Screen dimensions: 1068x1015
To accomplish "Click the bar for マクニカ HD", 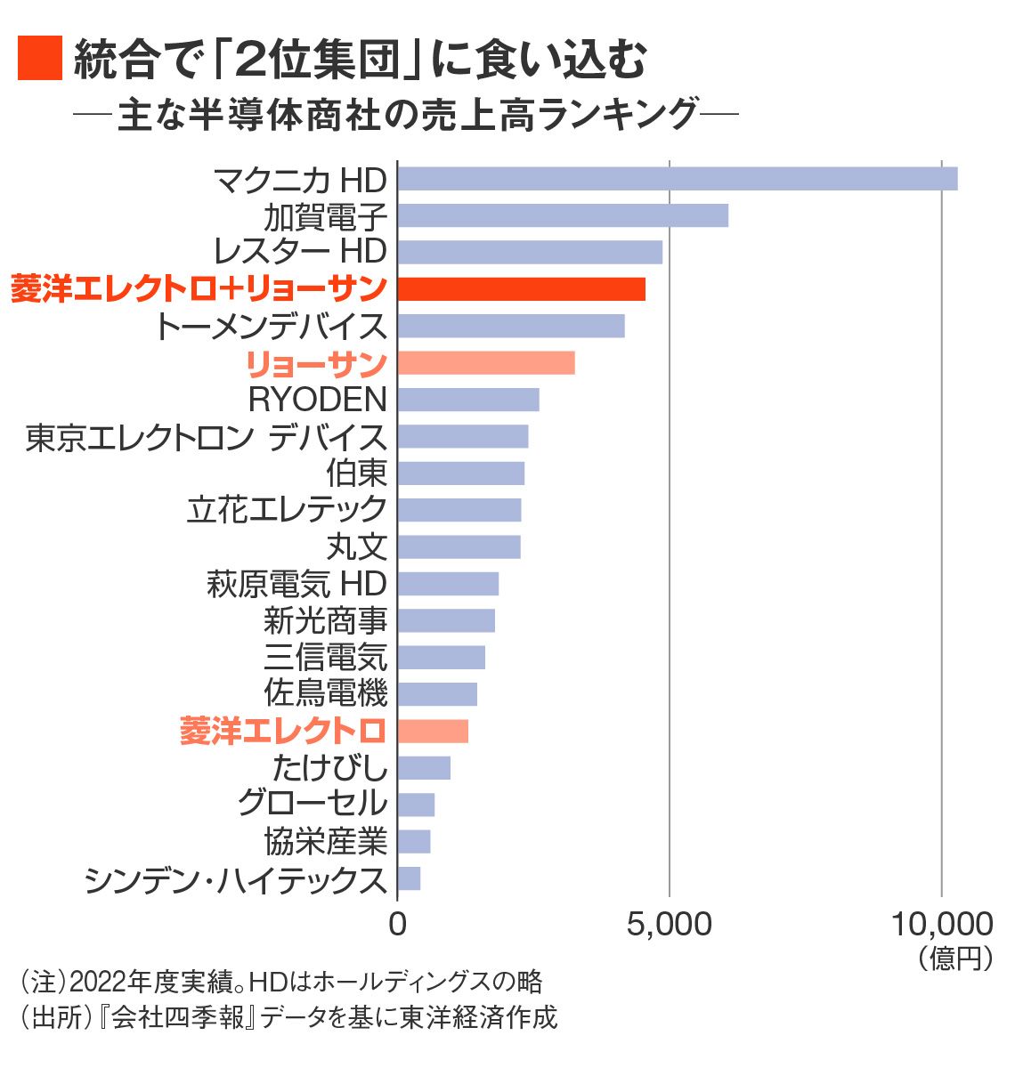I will pos(677,179).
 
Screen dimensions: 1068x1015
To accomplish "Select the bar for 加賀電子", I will pos(563,215).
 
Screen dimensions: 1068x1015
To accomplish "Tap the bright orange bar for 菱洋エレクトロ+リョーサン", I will pos(521,289).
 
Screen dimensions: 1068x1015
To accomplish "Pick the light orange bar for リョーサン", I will pos(485,363).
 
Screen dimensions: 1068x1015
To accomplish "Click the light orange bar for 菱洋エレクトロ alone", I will pos(433,731).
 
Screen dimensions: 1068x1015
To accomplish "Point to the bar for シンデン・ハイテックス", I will pos(409,878).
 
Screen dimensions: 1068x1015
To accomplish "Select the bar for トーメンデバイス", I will pos(511,326).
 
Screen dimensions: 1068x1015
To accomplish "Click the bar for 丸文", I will pos(459,546).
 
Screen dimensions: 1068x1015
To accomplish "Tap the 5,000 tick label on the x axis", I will pos(669,924).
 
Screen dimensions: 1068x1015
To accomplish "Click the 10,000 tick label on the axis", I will pos(941,924).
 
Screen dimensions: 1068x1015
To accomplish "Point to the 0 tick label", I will pos(397,924).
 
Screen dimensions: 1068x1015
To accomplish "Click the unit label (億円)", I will pos(954,958).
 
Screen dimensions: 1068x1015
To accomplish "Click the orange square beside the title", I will pos(39,59).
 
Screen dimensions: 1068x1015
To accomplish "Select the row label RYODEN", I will pos(317,400).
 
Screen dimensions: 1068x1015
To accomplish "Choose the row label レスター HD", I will pos(300,252).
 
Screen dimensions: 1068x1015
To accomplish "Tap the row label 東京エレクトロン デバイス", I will pos(207,437).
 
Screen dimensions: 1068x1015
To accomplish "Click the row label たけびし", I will pos(329,767).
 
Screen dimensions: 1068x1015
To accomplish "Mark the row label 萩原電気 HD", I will pos(296,584).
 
